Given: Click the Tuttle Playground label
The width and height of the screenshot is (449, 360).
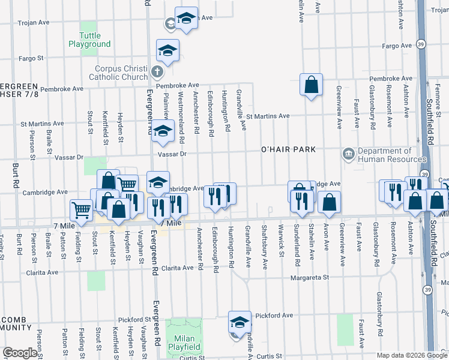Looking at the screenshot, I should [x=89, y=40].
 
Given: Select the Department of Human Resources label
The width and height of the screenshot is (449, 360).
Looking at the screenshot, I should [x=384, y=155].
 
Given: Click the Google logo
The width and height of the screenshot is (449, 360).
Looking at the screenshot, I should [x=20, y=353].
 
